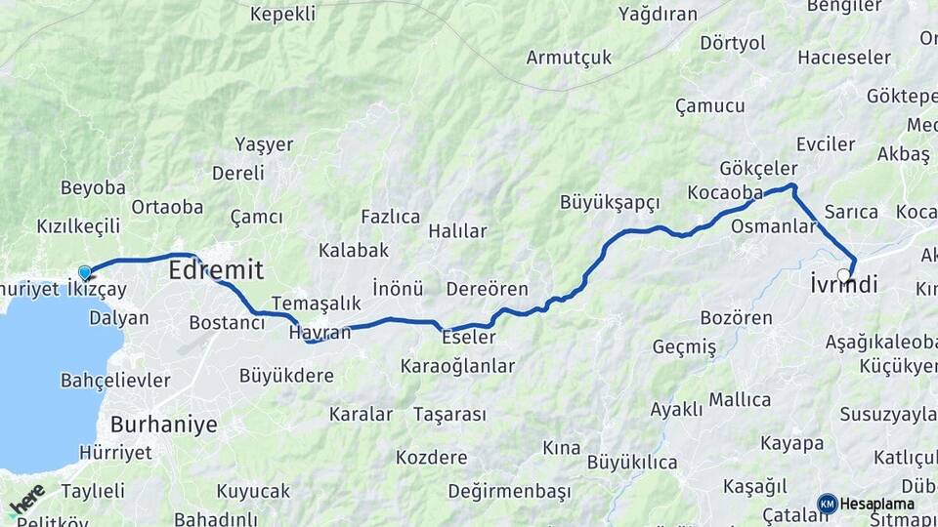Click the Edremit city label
[x=216, y=269]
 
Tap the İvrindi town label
[x=844, y=284]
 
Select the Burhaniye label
[x=163, y=425]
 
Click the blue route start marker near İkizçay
[x=85, y=273]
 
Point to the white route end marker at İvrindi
[x=844, y=275]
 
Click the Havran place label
[x=320, y=333]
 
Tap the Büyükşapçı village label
[x=610, y=202]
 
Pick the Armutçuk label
[x=569, y=58]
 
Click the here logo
[x=26, y=500]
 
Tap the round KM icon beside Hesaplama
[x=828, y=504]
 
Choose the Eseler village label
[x=469, y=337]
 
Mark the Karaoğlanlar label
[x=457, y=366]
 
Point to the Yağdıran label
[x=659, y=14]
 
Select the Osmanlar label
[x=774, y=226]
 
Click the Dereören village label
[x=487, y=289]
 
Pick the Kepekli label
[x=282, y=14]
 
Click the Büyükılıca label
[x=632, y=463]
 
